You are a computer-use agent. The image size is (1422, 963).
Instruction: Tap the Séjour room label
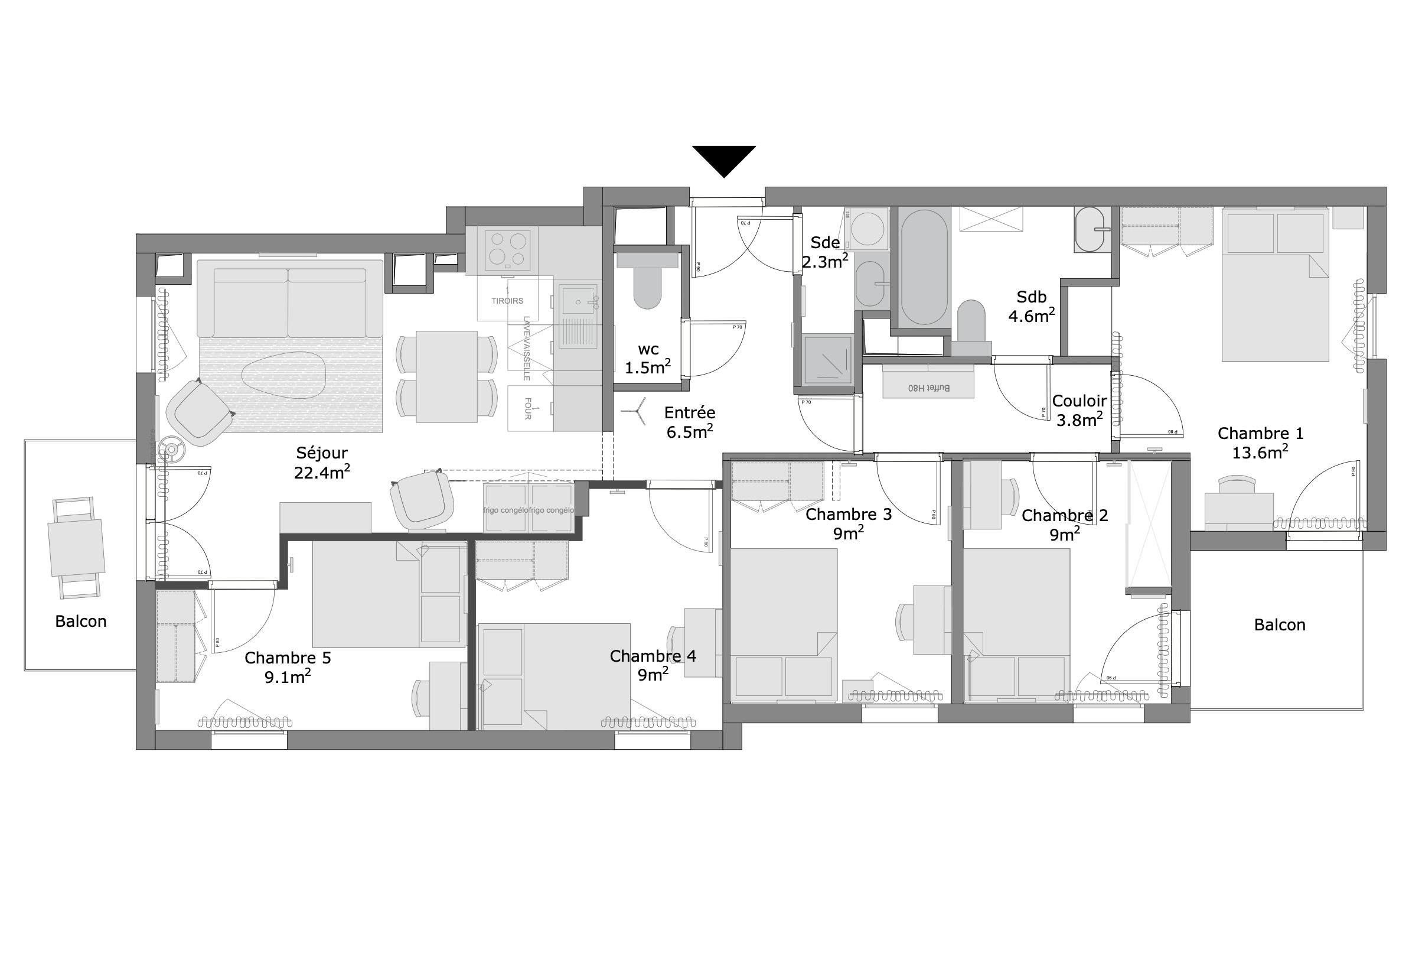[322, 453]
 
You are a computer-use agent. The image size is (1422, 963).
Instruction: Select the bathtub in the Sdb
[924, 265]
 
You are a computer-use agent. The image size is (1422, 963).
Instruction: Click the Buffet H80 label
[928, 388]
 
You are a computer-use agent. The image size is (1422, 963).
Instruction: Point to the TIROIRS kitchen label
[507, 301]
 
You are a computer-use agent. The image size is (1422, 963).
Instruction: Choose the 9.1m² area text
[288, 677]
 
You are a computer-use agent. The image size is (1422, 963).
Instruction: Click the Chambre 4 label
[653, 656]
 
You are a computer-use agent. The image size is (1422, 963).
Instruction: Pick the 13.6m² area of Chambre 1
[1260, 453]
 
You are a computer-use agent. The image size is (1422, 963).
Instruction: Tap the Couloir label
[1079, 401]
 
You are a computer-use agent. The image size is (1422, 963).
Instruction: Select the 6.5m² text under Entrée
[690, 432]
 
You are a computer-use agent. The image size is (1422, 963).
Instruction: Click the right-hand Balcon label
[1280, 625]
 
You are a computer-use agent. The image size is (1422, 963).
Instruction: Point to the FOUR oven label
[527, 408]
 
